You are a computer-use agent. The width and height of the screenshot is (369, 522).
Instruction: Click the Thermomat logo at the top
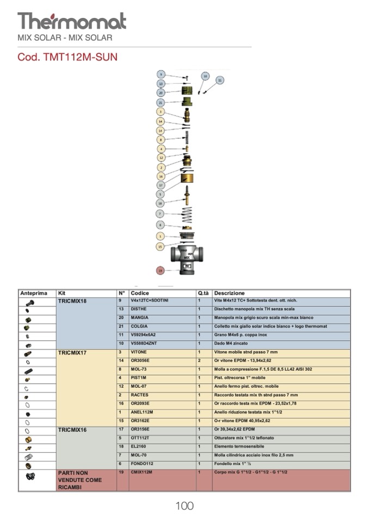pos(72,21)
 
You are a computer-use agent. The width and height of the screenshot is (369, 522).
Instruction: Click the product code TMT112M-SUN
pos(67,57)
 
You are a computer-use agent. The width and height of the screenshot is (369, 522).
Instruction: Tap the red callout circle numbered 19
pos(160,271)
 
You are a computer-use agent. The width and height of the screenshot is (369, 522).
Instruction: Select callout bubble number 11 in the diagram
pos(220,80)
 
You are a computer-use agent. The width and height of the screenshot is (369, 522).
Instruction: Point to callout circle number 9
pos(161,74)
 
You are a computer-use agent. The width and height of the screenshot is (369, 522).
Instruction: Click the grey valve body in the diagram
pos(187,255)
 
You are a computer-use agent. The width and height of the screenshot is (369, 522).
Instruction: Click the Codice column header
pos(140,293)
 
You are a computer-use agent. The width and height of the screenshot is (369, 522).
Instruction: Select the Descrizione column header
pos(229,293)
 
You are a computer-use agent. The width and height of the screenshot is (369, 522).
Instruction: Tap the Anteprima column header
pos(34,293)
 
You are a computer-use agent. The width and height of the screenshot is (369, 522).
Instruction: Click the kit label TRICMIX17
pos(72,353)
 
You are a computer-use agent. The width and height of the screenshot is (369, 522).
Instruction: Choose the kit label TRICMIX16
pos(72,430)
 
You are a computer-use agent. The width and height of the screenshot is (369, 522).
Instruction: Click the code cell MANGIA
pos(139,318)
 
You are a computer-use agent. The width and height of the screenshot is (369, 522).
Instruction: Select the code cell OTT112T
pos(141,438)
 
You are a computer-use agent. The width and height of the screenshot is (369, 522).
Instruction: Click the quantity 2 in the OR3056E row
pos(199,361)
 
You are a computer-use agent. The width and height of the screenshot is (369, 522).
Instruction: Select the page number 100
pos(184,506)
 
